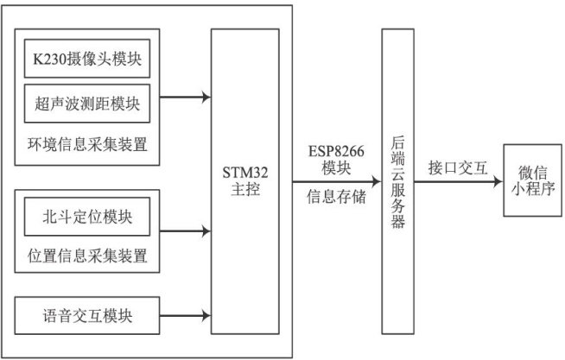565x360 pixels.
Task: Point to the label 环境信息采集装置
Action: (87, 144)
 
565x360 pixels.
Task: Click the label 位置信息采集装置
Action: (87, 256)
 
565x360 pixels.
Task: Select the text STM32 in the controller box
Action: (245, 173)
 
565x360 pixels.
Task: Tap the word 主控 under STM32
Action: (245, 189)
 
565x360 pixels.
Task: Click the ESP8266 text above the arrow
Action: (336, 151)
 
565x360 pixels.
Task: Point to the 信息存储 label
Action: (336, 197)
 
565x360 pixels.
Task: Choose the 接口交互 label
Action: (458, 167)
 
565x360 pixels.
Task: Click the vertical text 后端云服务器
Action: (397, 182)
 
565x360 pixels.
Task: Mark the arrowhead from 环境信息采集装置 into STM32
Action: (206, 97)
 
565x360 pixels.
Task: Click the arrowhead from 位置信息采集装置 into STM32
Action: (206, 231)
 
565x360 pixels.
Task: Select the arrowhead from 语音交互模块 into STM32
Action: (206, 316)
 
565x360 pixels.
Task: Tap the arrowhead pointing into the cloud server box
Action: (378, 181)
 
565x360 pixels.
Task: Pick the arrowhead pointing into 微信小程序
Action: (498, 181)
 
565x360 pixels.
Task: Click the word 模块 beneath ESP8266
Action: (336, 167)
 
